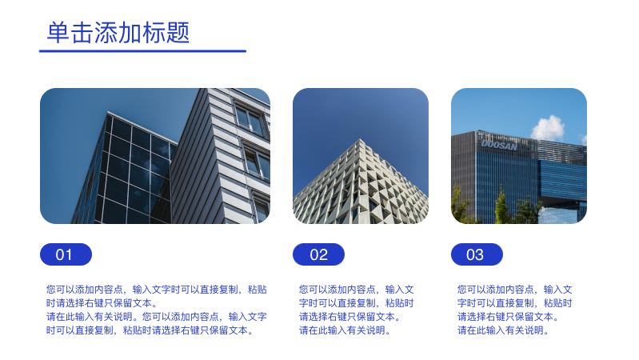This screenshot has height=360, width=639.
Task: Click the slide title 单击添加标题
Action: [x=118, y=33]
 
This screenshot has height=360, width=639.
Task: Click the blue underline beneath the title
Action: [x=142, y=51]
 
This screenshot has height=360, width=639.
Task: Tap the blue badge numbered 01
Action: [x=66, y=254]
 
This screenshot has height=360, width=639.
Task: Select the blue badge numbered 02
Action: [x=318, y=254]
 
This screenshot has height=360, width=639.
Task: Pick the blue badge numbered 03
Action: [x=476, y=254]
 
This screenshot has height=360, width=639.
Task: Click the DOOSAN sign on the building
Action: [x=499, y=145]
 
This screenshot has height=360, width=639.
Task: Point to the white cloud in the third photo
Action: [x=548, y=127]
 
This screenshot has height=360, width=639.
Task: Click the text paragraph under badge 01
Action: [x=157, y=310]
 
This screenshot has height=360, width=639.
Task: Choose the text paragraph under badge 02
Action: [x=357, y=310]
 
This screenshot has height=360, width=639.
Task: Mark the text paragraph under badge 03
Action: [x=515, y=310]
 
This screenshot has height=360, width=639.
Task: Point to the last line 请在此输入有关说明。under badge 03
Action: [x=503, y=330]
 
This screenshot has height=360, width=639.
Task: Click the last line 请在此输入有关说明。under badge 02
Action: [x=345, y=330]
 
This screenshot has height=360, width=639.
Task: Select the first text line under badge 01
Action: [x=157, y=289]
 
